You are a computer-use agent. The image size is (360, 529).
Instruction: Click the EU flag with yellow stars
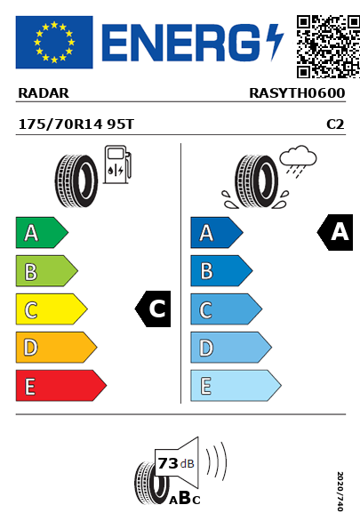[x=54, y=42]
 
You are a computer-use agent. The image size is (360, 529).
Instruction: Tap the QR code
[x=328, y=46]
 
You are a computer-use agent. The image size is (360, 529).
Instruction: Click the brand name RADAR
[x=44, y=93]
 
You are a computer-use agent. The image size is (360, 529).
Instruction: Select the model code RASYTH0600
[x=297, y=93]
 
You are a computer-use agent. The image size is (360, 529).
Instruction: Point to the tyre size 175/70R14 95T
[x=76, y=124]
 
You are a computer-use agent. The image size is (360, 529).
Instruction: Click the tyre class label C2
[x=335, y=124]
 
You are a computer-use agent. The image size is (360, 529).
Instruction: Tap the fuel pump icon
[x=117, y=164]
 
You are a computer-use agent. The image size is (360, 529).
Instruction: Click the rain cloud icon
[x=299, y=161]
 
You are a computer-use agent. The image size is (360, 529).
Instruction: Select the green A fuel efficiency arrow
[x=42, y=232]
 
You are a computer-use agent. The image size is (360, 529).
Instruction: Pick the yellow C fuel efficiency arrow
[x=52, y=309]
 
